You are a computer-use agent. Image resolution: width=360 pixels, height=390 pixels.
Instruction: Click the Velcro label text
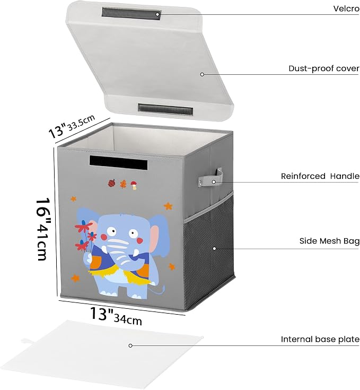[346, 8]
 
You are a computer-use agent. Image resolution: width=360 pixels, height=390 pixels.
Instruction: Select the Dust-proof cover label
[324, 68]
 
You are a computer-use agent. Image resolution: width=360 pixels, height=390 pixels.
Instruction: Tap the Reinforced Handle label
[320, 176]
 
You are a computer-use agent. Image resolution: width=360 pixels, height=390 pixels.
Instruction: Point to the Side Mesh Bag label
[329, 241]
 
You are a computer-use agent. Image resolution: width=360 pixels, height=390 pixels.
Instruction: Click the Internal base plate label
[320, 339]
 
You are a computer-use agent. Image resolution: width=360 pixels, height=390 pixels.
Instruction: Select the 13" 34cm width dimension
[116, 316]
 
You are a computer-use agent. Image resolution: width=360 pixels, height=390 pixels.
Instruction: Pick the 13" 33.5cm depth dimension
[72, 126]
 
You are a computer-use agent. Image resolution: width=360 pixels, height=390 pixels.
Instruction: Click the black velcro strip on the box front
[119, 162]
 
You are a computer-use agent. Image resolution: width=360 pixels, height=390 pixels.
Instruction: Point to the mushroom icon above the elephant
[134, 185]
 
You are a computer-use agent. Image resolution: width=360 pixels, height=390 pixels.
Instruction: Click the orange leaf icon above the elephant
[123, 184]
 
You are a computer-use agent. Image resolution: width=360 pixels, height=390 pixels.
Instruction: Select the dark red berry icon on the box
[112, 183]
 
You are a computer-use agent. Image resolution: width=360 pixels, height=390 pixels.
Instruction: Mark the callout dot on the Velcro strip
[157, 14]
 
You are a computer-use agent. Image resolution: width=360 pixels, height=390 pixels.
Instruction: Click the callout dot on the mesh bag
[214, 248]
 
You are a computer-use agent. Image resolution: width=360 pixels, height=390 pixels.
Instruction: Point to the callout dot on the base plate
[130, 345]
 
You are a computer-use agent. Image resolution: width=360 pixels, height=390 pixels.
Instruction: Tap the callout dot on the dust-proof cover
[202, 74]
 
